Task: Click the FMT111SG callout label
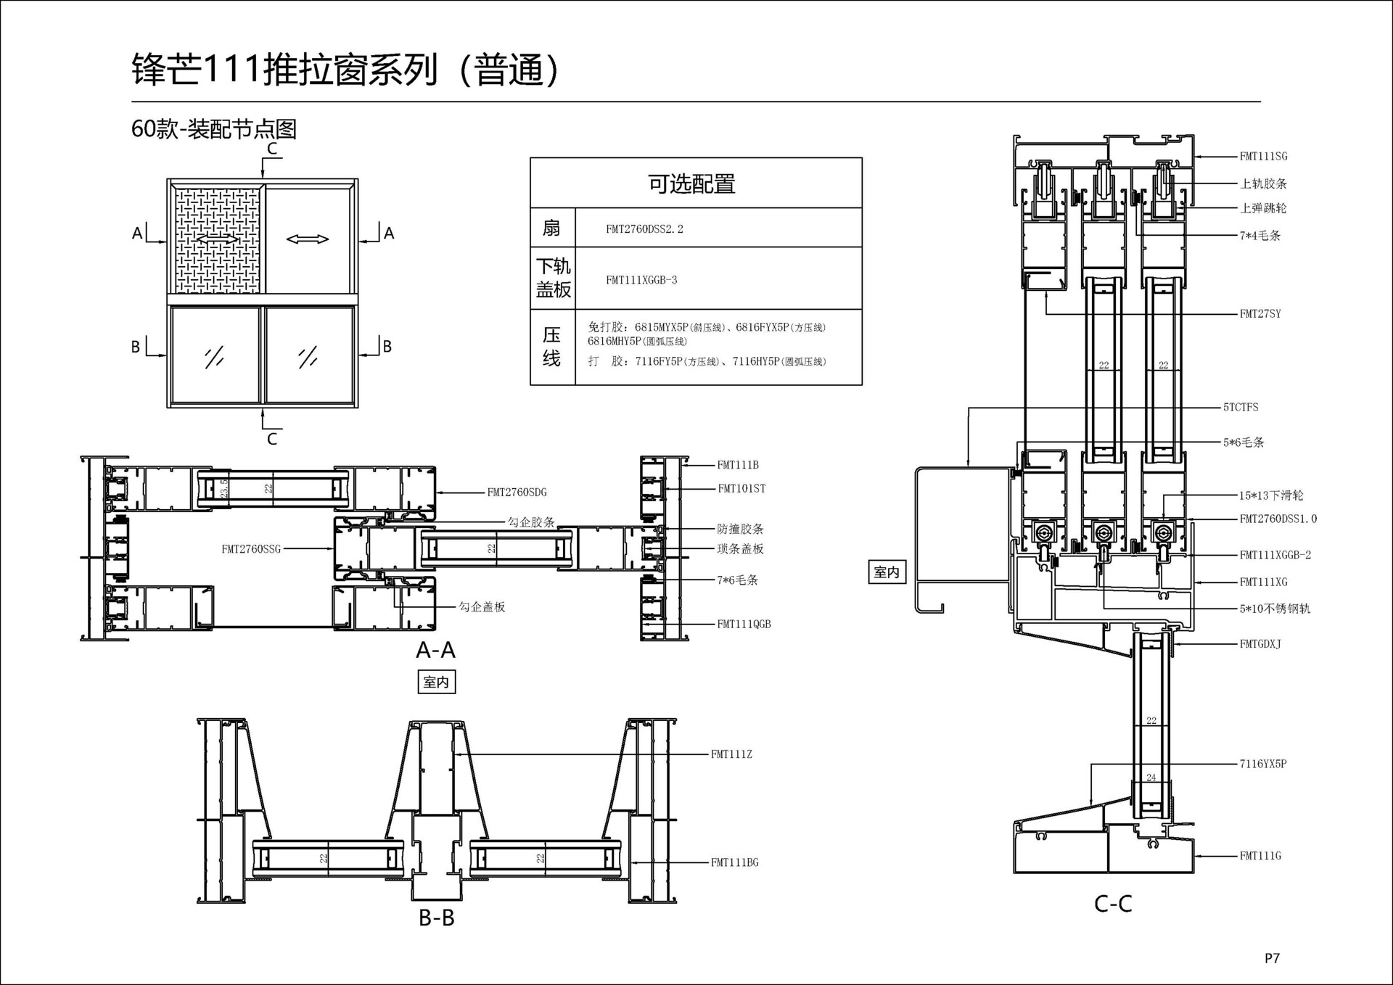coord(1263,156)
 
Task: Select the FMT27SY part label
coord(1260,313)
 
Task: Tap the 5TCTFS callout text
coord(1241,407)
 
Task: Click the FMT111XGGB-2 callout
coord(1275,555)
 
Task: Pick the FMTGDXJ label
coord(1260,643)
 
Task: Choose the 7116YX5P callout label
coord(1263,763)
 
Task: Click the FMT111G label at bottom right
coord(1260,855)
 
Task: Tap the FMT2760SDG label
coord(517,492)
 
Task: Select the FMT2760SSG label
coord(251,549)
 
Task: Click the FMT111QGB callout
coord(744,624)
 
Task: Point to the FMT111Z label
coord(731,754)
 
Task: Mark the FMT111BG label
coord(734,862)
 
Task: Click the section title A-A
coord(436,650)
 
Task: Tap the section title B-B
coord(437,918)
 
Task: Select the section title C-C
coord(1113,904)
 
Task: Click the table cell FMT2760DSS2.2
coord(644,229)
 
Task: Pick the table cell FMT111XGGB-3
coord(641,280)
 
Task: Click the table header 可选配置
coord(691,184)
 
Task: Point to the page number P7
coord(1272,958)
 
